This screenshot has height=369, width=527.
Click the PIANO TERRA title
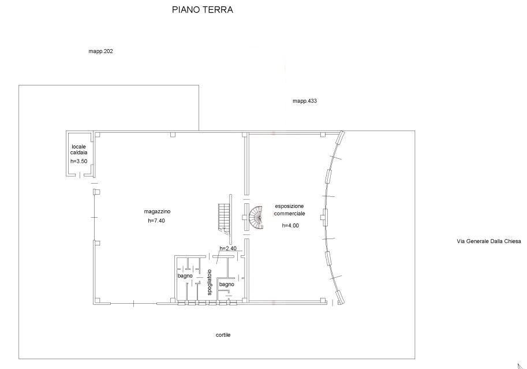click(x=203, y=9)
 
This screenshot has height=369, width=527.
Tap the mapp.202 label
click(x=100, y=51)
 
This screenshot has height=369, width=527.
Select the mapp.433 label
click(x=305, y=101)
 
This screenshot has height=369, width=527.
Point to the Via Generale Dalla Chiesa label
click(x=489, y=241)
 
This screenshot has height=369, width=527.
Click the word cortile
click(x=223, y=335)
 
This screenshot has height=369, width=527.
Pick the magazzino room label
click(x=158, y=211)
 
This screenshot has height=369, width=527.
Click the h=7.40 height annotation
click(x=156, y=221)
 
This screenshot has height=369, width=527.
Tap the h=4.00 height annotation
click(x=290, y=226)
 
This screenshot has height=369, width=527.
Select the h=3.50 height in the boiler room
click(x=79, y=161)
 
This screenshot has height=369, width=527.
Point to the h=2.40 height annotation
click(x=228, y=248)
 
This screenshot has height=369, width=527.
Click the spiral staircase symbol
click(x=256, y=217)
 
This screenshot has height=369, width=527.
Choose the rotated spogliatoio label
click(x=210, y=282)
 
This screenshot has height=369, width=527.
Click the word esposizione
click(x=289, y=206)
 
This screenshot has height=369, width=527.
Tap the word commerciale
click(x=289, y=214)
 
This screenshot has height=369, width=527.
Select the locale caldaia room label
click(x=79, y=150)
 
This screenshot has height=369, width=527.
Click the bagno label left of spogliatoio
click(x=185, y=276)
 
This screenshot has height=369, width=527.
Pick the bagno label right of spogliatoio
click(x=226, y=285)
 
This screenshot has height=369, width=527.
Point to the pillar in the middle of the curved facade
click(x=324, y=217)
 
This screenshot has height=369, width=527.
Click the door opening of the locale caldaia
click(x=80, y=175)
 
